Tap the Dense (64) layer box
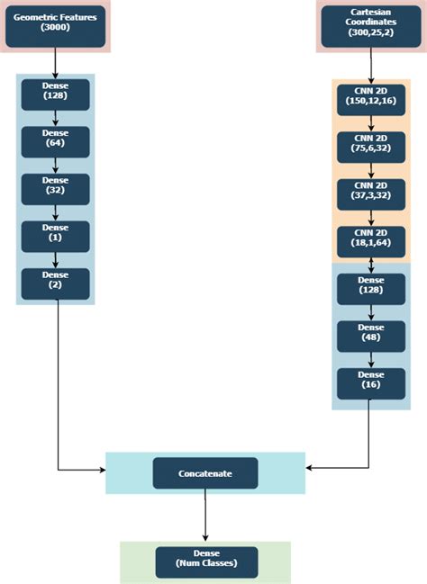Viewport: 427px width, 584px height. (x=55, y=142)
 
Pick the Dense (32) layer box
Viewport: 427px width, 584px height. (x=55, y=189)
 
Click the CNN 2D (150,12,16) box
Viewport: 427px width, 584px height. (x=370, y=97)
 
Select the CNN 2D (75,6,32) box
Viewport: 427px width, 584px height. (x=370, y=145)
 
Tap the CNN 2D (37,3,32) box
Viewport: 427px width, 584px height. (x=370, y=193)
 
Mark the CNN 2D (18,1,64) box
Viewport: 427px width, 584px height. (x=370, y=240)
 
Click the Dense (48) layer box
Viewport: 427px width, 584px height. (x=370, y=336)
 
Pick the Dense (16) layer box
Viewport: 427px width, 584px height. (x=370, y=382)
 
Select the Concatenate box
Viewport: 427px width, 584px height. (x=205, y=472)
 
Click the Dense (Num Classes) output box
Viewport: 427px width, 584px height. (x=205, y=562)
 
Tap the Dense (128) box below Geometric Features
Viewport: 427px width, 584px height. (x=55, y=94)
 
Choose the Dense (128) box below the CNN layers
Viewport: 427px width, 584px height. (x=370, y=288)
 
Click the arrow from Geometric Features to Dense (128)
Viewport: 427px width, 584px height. (x=55, y=63)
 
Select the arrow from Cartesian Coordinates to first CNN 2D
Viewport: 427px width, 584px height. (x=370, y=65)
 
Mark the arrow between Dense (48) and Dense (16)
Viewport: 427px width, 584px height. (x=370, y=359)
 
